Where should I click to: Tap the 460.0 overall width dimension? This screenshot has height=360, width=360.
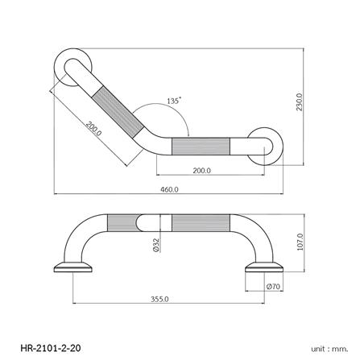click(170, 189)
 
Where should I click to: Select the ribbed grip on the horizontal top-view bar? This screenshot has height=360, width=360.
click(203, 147)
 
